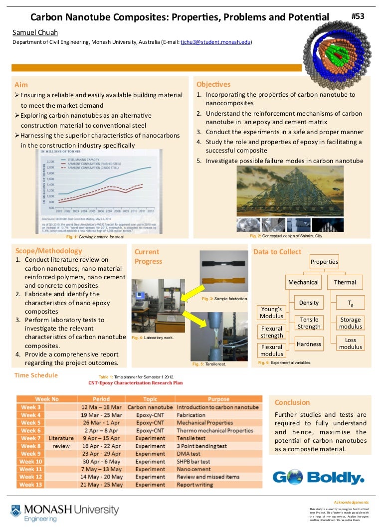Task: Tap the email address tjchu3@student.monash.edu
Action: tap(215, 43)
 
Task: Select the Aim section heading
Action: tap(21, 84)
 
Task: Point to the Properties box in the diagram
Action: tap(324, 262)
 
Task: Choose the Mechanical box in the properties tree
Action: tap(303, 282)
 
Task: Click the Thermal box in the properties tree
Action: tap(345, 282)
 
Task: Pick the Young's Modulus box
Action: tap(272, 312)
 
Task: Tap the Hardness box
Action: tap(309, 344)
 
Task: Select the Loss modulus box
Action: tap(351, 343)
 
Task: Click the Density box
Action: tap(309, 303)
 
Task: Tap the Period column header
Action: tap(101, 399)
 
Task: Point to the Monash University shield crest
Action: tap(16, 511)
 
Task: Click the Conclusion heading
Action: tap(292, 402)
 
